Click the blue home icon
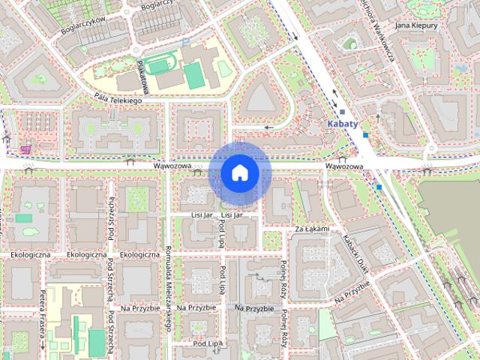click(x=240, y=173)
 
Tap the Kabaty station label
click(x=343, y=124)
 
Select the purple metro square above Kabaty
click(x=342, y=112)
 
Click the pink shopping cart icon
click(x=26, y=148)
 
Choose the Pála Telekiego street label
click(x=118, y=98)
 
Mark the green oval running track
click(x=158, y=66)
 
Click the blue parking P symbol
click(x=185, y=41)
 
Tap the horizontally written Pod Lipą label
click(x=208, y=343)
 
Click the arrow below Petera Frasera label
click(x=43, y=345)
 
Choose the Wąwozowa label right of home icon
click(x=344, y=166)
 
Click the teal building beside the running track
click(x=194, y=75)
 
